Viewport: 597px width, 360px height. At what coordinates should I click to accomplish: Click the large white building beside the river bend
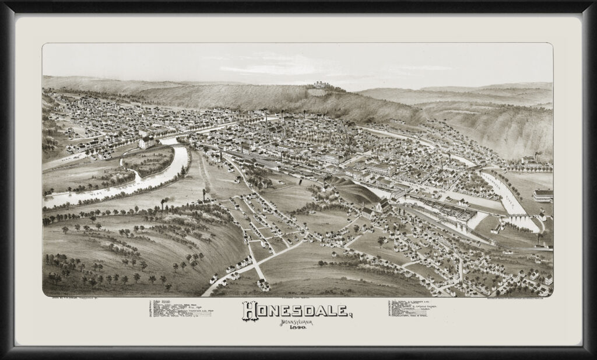click(x=147, y=142)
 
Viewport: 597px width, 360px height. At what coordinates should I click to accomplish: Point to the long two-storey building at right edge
click(x=543, y=195)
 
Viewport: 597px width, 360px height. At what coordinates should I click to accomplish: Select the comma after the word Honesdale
click(x=352, y=317)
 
